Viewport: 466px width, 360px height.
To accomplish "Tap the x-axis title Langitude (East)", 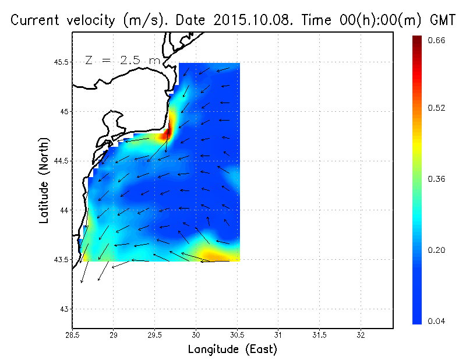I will [x=232, y=350].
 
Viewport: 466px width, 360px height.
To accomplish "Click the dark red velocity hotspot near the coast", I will [x=168, y=133].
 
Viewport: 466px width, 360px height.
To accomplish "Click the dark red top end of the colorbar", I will [x=417, y=41].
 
